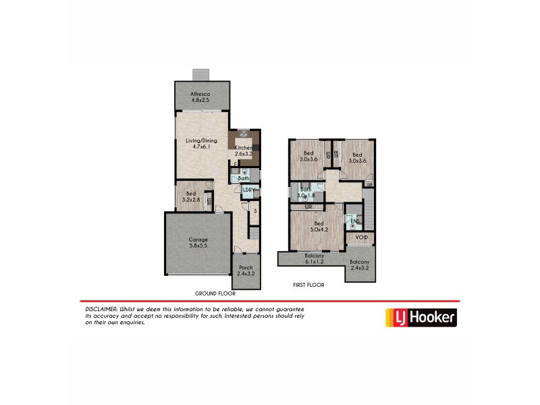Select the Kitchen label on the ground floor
click(x=242, y=151)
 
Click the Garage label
click(x=198, y=242)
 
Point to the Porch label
click(x=245, y=271)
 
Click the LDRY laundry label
click(x=248, y=191)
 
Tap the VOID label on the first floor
click(x=362, y=238)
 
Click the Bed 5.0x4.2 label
click(x=318, y=226)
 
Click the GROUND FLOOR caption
click(x=215, y=294)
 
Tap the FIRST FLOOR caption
click(x=308, y=285)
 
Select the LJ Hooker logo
click(x=420, y=317)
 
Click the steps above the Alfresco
click(x=200, y=74)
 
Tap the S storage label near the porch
click(x=256, y=211)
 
